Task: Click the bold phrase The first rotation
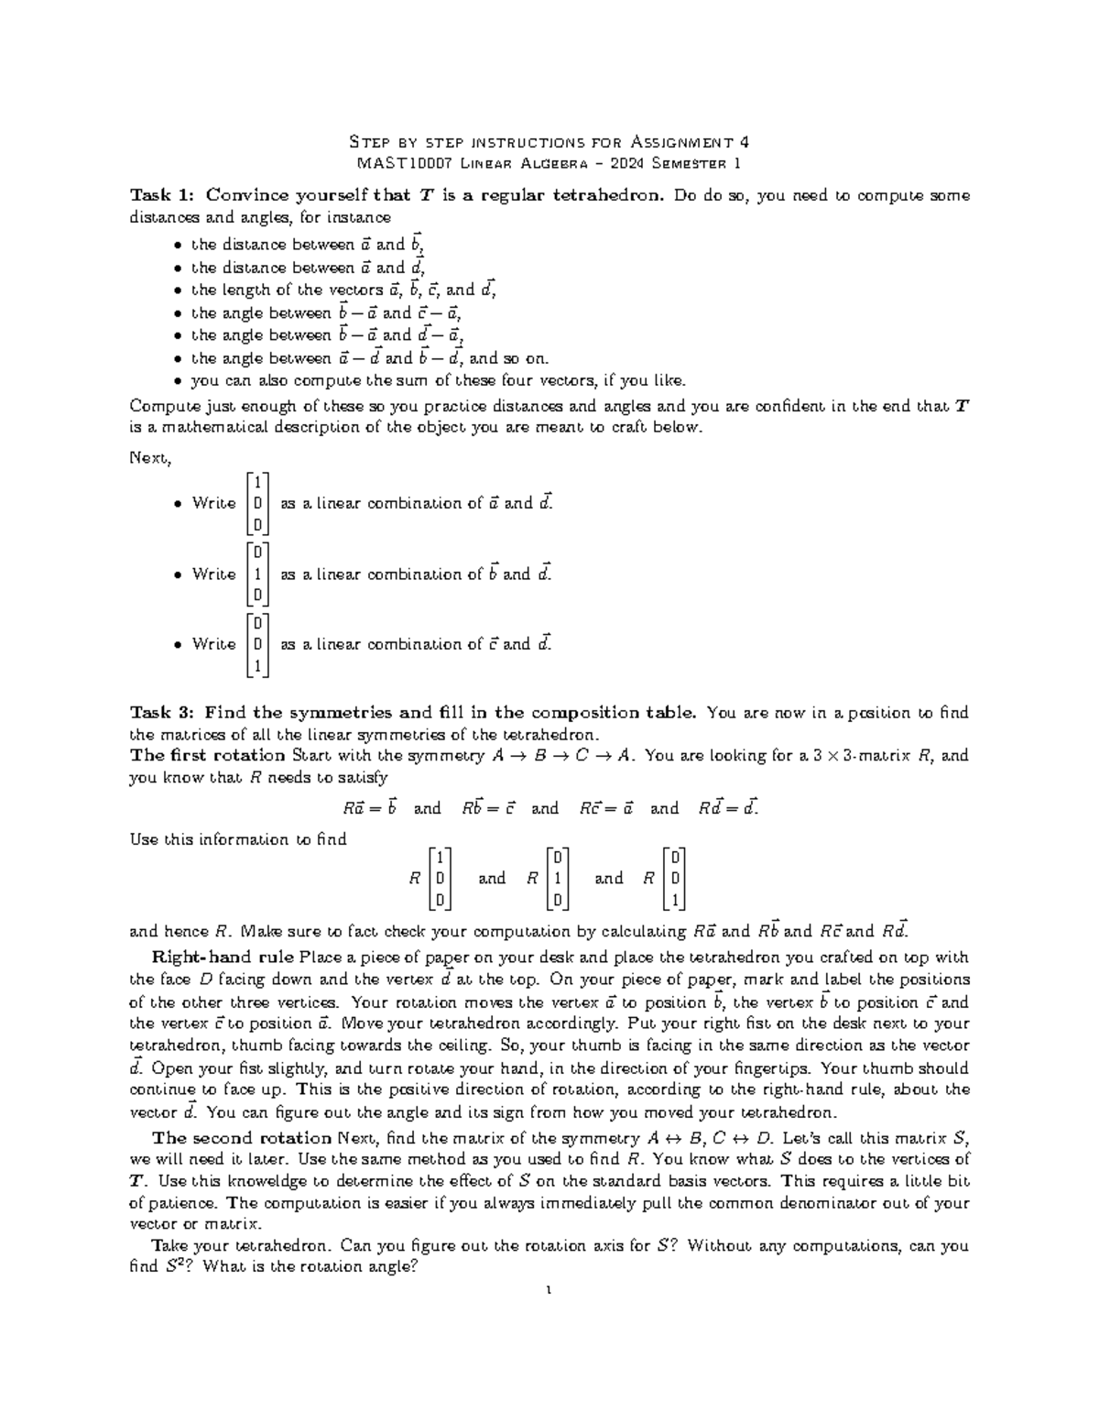coord(208,756)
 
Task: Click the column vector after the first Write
coord(258,503)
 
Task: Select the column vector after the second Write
coord(258,574)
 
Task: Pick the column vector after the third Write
coord(258,644)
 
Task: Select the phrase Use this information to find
coord(238,839)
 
